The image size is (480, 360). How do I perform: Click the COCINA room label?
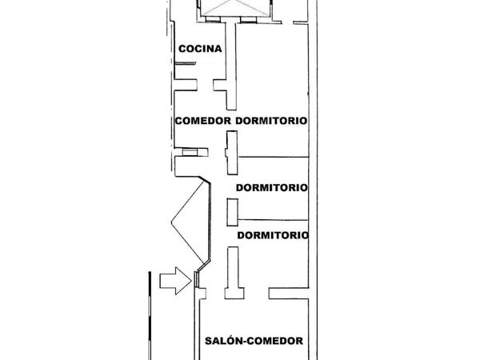(200, 49)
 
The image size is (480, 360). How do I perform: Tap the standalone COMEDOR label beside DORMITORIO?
(203, 121)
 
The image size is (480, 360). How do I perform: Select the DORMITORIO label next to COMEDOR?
(271, 121)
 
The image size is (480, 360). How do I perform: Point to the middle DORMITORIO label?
(272, 187)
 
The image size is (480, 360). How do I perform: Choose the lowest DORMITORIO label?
(273, 235)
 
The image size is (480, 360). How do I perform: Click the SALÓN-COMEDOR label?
(254, 341)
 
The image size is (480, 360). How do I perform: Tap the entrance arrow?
(176, 281)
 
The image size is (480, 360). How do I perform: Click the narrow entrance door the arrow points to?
(197, 279)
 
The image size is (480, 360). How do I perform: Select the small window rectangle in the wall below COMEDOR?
(190, 152)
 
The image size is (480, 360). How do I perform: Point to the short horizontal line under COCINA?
(185, 63)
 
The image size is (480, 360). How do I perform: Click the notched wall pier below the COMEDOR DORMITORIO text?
(232, 153)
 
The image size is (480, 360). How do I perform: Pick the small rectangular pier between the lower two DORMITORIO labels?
(232, 212)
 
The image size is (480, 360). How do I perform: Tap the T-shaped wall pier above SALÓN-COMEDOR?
(234, 273)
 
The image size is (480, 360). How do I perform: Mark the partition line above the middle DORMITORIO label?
(273, 157)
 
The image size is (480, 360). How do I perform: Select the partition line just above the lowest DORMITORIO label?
(273, 220)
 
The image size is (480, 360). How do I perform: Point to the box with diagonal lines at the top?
(236, 8)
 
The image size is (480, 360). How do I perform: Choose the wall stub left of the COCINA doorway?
(186, 85)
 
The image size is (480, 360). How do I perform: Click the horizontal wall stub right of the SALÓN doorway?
(289, 294)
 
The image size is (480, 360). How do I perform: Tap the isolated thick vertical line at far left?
(150, 316)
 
